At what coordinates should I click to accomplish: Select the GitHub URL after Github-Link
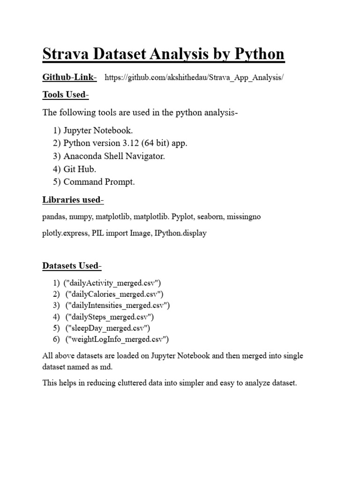pyautogui.click(x=194, y=77)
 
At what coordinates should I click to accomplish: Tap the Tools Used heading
pyautogui.click(x=65, y=95)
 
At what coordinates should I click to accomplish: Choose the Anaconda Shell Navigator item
pyautogui.click(x=114, y=156)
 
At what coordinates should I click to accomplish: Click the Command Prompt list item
pyautogui.click(x=99, y=182)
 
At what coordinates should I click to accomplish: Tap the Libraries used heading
pyautogui.click(x=73, y=200)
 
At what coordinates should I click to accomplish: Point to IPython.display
pyautogui.click(x=180, y=233)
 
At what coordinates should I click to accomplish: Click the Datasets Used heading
pyautogui.click(x=72, y=266)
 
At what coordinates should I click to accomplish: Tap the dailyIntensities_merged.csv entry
pyautogui.click(x=118, y=306)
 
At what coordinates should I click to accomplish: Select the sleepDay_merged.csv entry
pyautogui.click(x=108, y=328)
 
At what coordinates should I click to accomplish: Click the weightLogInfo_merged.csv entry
pyautogui.click(x=117, y=339)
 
